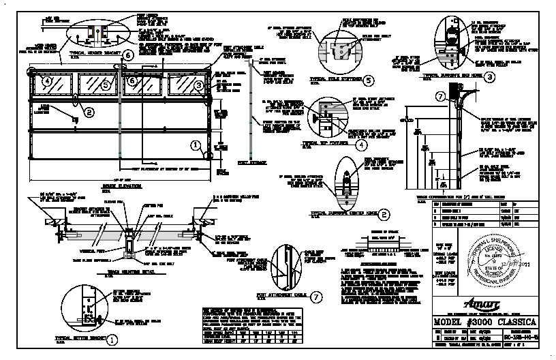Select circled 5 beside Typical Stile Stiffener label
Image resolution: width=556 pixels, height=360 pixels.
pyautogui.click(x=369, y=80)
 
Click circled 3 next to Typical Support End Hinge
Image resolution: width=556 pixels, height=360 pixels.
pyautogui.click(x=490, y=76)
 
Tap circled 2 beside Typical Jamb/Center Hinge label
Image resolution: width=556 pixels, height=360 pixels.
pyautogui.click(x=384, y=213)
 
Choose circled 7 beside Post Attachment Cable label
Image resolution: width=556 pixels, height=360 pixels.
pyautogui.click(x=315, y=297)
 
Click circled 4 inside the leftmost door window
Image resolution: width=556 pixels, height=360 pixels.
pyautogui.click(x=47, y=81)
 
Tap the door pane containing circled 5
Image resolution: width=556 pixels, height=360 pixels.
pyautogui.click(x=98, y=85)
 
